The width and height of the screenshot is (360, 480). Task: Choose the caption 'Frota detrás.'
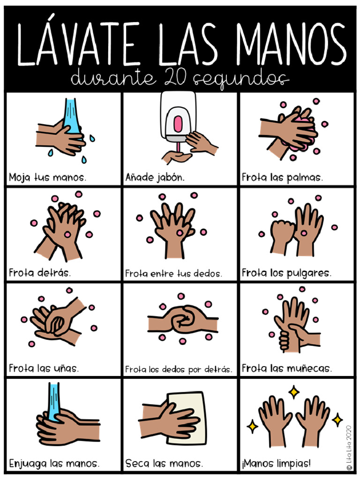point(40,272)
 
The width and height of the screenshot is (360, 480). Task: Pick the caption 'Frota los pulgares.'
point(286,272)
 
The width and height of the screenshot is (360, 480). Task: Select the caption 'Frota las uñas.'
point(44,368)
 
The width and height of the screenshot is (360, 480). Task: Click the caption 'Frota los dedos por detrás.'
point(179,369)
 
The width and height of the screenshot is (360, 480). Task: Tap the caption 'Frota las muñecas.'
point(287,368)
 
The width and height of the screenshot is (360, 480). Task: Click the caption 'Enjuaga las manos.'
point(54,464)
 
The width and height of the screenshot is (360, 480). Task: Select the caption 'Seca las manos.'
point(164,464)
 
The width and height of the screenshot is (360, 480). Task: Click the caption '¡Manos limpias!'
point(276,464)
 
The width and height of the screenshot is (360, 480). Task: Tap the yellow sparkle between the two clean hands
point(293,391)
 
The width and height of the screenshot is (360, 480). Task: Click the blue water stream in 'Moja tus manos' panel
point(71,115)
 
